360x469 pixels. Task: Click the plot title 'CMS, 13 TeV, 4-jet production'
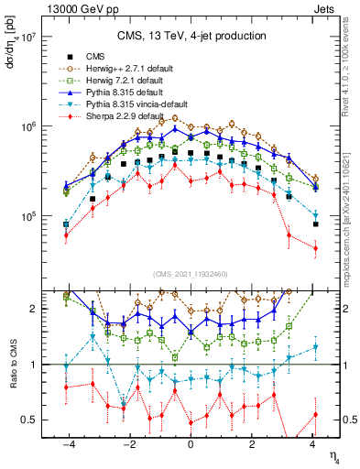(191, 36)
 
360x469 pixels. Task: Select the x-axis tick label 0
(191, 446)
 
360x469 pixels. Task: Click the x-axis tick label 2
(253, 446)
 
